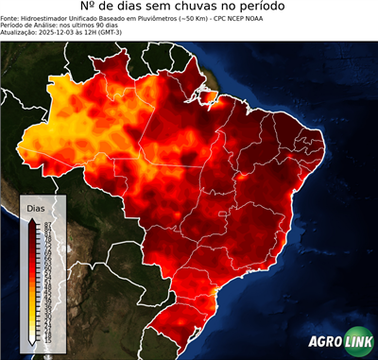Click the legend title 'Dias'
[36, 206]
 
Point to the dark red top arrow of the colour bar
[32, 218]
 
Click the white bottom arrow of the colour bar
[32, 338]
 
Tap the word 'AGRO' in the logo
[326, 343]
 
